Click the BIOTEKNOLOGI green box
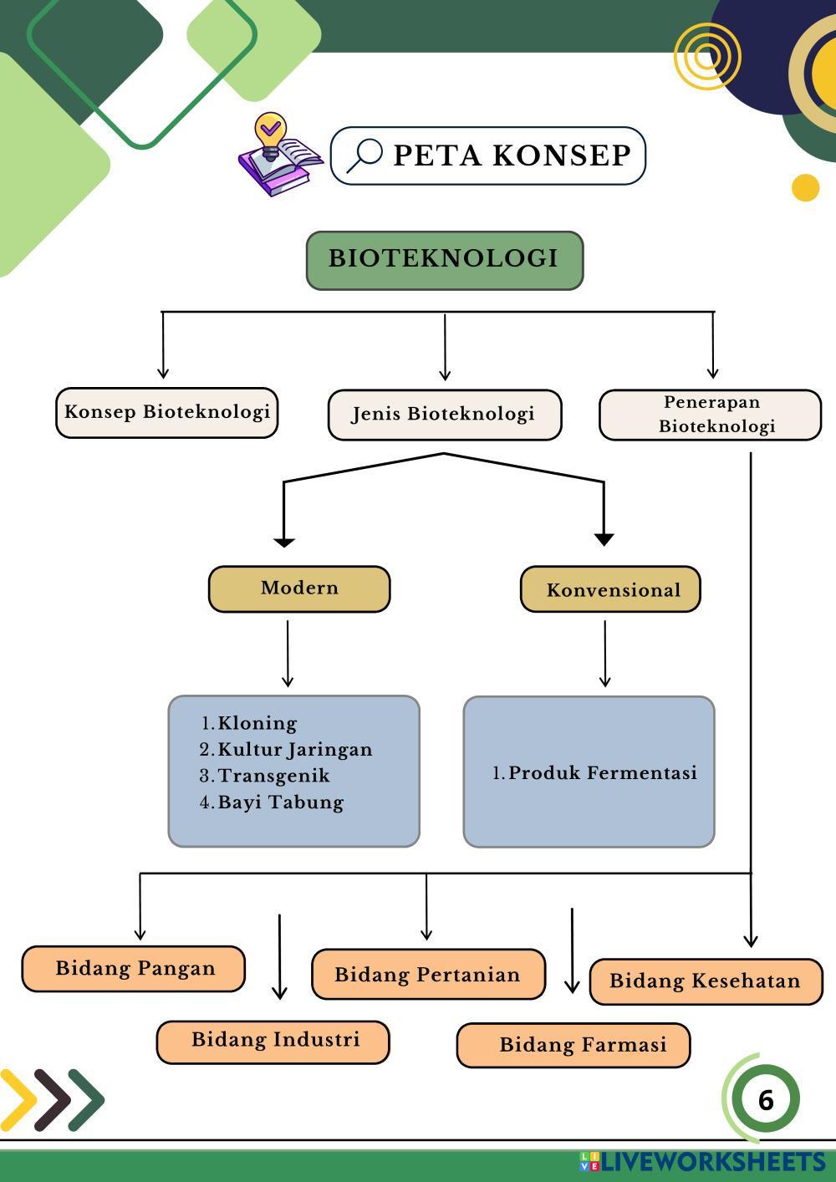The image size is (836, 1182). [x=444, y=259]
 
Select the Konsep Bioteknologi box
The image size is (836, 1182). [x=166, y=412]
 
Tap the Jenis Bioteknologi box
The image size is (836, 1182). [x=444, y=415]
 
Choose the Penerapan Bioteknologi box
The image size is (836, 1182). [x=710, y=415]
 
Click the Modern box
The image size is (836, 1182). [x=298, y=588]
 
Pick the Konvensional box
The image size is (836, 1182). [x=610, y=590]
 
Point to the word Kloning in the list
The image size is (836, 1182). [x=257, y=723]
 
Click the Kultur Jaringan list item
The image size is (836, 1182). [x=294, y=750]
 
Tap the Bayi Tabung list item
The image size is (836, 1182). [x=280, y=802]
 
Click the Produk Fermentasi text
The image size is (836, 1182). [x=602, y=773]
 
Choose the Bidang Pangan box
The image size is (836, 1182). [x=134, y=969]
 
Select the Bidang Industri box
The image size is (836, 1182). [x=273, y=1041]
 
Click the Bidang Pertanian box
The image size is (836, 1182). [x=427, y=975]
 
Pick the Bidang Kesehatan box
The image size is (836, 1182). [x=706, y=981]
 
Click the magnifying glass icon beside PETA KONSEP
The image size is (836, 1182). [x=364, y=155]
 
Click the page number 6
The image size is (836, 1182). [x=765, y=1100]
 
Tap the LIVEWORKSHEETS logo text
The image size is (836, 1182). [x=711, y=1162]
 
